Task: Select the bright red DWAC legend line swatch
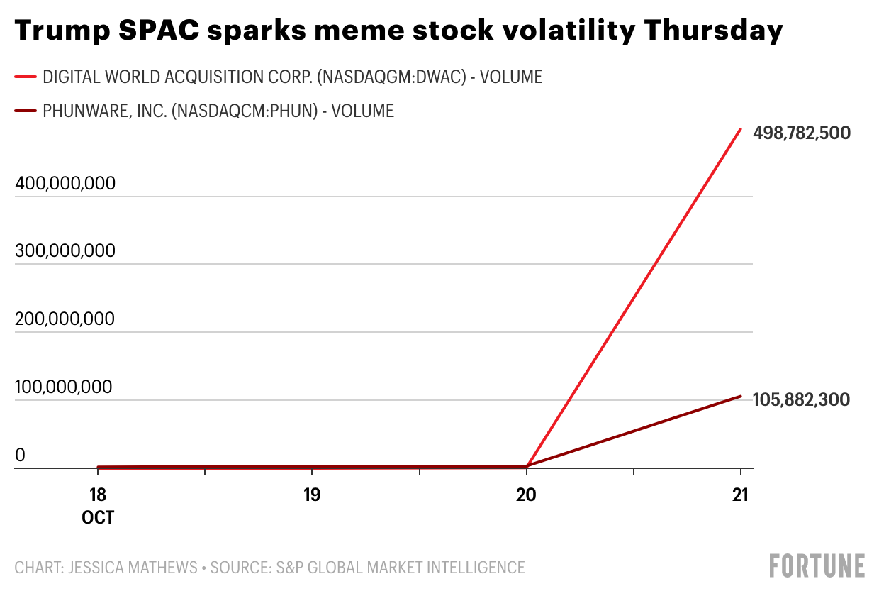26,77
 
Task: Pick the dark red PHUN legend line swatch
26,111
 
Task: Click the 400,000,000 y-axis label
65,183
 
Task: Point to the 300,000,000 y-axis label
65,251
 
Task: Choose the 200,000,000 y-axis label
65,319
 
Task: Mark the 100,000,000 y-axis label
65,387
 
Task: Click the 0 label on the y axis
20,456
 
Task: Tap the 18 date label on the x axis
98,495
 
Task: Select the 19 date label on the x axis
312,495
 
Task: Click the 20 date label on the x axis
526,495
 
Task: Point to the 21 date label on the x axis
740,495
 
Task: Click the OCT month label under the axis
98,518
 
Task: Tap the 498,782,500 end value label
801,133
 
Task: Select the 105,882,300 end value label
801,399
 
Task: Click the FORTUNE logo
817,566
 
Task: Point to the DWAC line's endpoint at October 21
741,129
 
